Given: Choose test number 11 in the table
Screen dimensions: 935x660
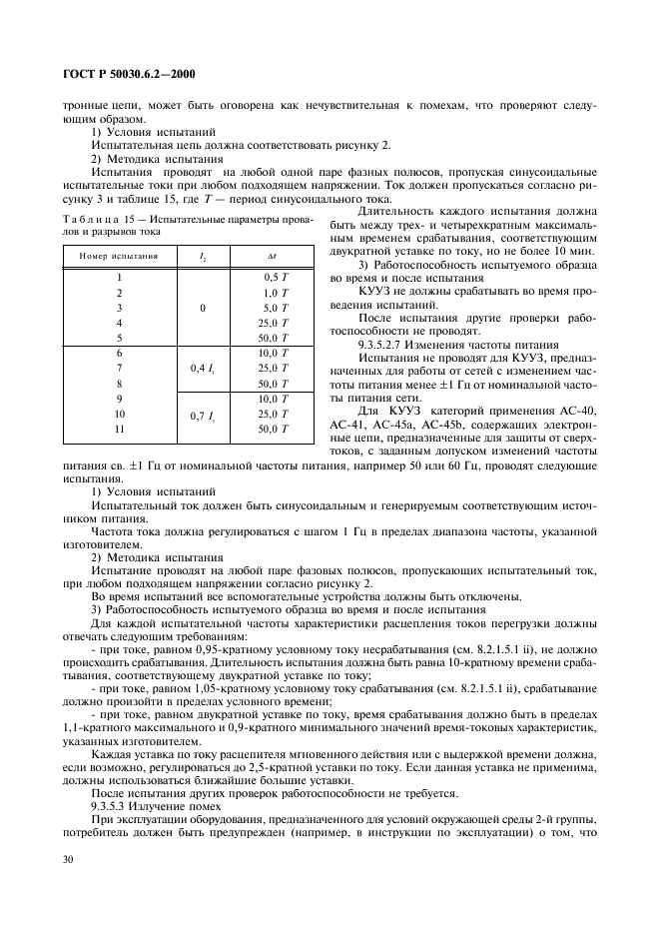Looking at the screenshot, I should pos(119,429).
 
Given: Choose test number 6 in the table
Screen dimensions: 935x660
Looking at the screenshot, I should pos(119,353).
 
